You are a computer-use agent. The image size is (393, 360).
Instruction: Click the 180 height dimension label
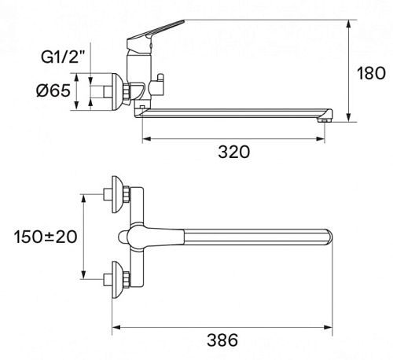point(371,73)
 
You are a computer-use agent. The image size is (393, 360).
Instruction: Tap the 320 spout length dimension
point(234,152)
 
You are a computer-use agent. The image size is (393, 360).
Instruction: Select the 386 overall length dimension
point(222,340)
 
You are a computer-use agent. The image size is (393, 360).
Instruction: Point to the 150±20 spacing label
point(46,237)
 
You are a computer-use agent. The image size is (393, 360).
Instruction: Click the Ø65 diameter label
point(53,90)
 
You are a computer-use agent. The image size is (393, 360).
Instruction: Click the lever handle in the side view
point(155,34)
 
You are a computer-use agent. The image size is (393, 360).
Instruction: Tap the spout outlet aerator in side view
point(325,120)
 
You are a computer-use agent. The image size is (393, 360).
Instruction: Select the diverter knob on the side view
point(160,79)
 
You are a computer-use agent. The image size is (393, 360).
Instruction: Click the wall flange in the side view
point(117,92)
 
